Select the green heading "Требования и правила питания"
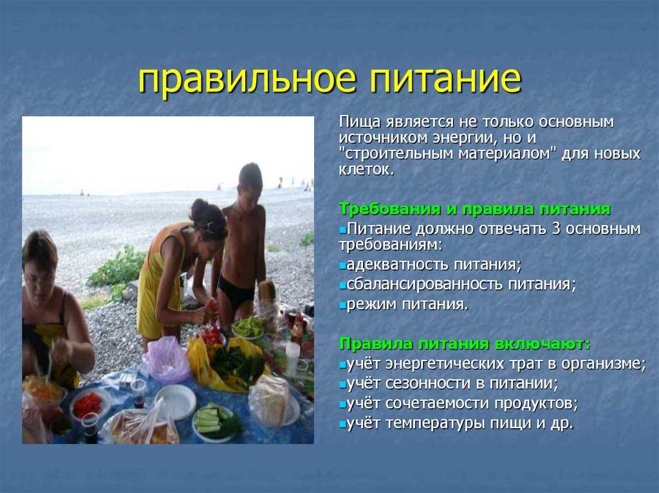tap(474, 210)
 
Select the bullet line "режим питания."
tap(407, 304)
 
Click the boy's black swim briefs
tap(236, 293)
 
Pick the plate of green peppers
tap(247, 328)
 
